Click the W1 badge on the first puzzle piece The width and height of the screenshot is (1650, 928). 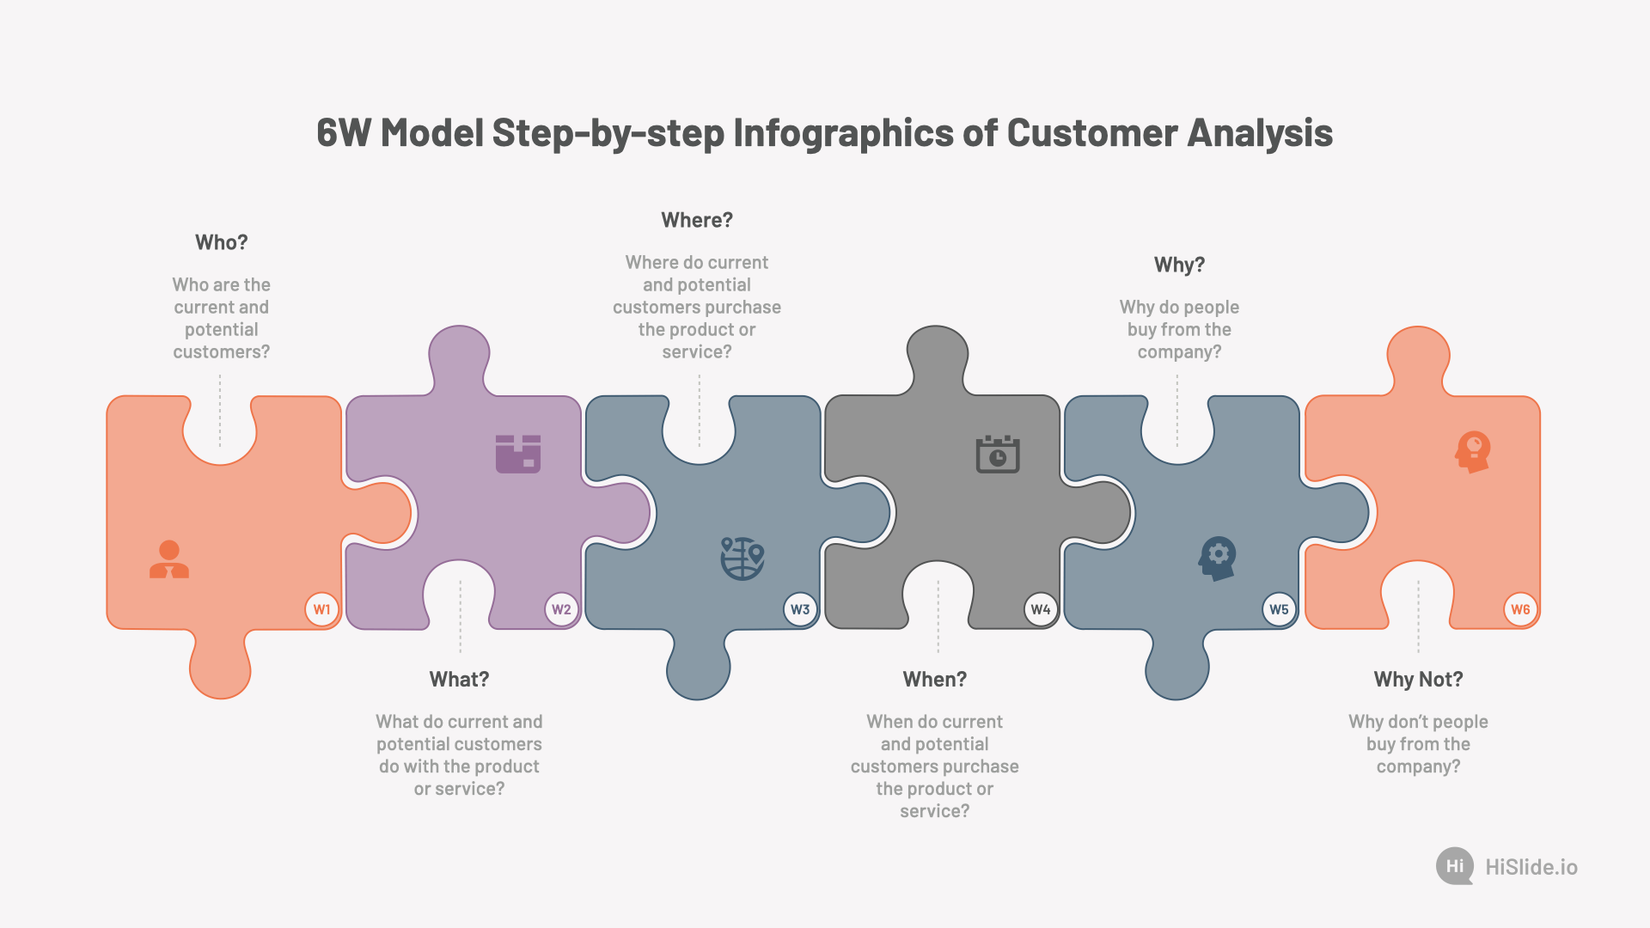pyautogui.click(x=321, y=609)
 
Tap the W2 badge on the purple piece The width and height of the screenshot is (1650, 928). pyautogui.click(x=561, y=609)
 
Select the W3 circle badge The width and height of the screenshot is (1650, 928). pyautogui.click(x=800, y=609)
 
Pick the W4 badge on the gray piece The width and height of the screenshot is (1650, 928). pyautogui.click(x=1041, y=609)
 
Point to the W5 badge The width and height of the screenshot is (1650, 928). pyautogui.click(x=1279, y=609)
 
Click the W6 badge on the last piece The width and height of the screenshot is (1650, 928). pyautogui.click(x=1520, y=609)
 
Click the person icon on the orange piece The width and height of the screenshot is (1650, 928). pyautogui.click(x=169, y=559)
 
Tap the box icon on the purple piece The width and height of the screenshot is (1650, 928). pyautogui.click(x=518, y=454)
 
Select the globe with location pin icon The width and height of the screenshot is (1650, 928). pyautogui.click(x=742, y=559)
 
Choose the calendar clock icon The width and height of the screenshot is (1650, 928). pyautogui.click(x=998, y=454)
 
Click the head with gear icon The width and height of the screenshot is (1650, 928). pyautogui.click(x=1218, y=559)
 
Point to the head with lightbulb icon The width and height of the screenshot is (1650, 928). pyautogui.click(x=1473, y=452)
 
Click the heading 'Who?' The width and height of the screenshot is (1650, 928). pyautogui.click(x=222, y=242)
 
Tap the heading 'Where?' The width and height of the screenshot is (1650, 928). pyautogui.click(x=697, y=220)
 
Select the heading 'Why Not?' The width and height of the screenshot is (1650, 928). pyautogui.click(x=1418, y=680)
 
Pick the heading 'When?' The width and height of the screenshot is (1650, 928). pyautogui.click(x=935, y=680)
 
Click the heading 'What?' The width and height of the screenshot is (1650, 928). pyautogui.click(x=460, y=680)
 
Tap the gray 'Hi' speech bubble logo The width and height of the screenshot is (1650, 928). pyautogui.click(x=1455, y=866)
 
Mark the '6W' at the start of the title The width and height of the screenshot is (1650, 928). pyautogui.click(x=344, y=133)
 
